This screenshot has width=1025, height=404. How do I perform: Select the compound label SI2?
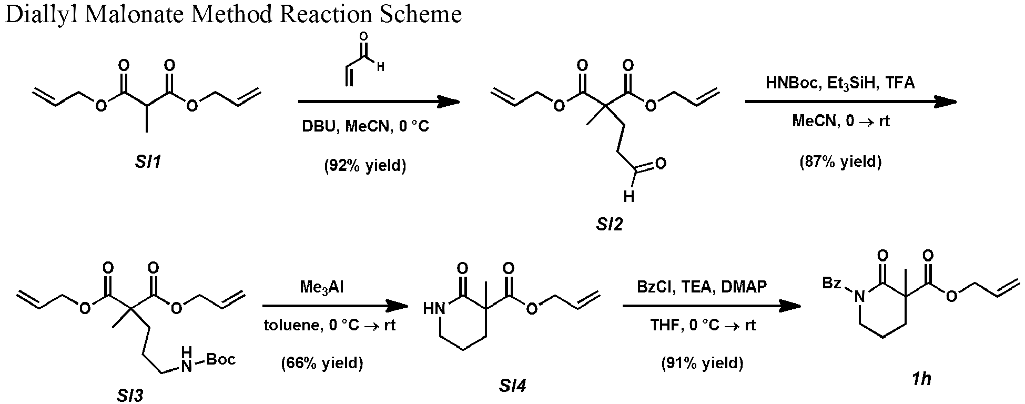tap(610, 225)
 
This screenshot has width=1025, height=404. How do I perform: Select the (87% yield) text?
tap(840, 161)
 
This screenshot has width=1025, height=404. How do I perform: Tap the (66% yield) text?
tap(322, 363)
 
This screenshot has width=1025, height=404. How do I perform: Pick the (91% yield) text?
tap(702, 363)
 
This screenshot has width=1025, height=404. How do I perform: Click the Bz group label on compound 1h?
tap(831, 284)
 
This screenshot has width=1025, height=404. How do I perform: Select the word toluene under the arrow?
tap(292, 326)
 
